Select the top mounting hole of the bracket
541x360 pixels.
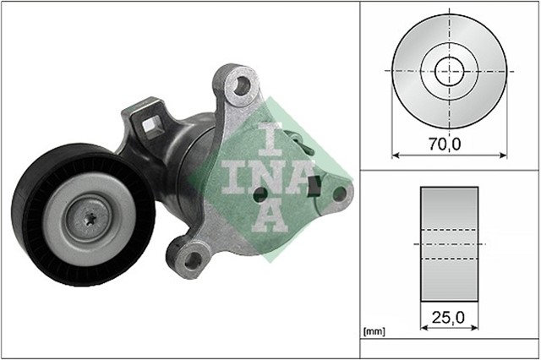pos(243,85)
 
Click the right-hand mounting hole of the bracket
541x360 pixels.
pos(340,194)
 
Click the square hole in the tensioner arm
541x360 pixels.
pos(153,127)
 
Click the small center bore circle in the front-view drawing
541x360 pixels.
pos(449,70)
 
